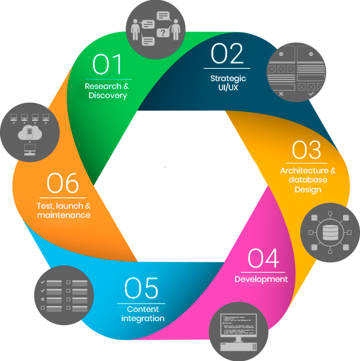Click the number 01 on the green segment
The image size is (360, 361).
[107, 64]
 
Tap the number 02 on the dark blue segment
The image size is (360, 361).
[227, 54]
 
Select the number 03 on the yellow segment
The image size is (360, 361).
[306, 150]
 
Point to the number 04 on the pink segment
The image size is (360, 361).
[263, 258]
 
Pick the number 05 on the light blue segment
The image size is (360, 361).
[141, 288]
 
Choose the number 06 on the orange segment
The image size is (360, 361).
[63, 183]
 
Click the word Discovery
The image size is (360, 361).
[107, 95]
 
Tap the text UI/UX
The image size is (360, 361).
[228, 88]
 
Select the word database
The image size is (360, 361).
[308, 180]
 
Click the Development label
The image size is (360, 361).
[261, 279]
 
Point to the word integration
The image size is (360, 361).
[143, 318]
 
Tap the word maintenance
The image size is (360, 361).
[63, 215]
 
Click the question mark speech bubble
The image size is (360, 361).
[163, 33]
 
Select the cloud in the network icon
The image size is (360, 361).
[30, 133]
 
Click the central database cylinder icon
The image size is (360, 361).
[331, 233]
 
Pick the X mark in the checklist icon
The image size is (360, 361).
[43, 300]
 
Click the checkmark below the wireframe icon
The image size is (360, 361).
[311, 94]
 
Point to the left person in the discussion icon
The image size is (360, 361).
[135, 29]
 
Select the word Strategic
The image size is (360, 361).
[228, 78]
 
